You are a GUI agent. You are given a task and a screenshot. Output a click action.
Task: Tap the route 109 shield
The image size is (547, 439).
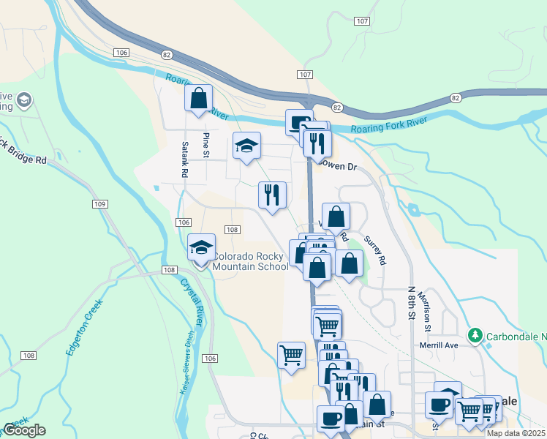coord(101,203)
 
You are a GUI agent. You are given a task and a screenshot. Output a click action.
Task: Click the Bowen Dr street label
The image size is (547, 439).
coord(339,167)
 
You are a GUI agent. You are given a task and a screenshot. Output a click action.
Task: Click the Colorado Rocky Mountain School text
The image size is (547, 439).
coord(250,262)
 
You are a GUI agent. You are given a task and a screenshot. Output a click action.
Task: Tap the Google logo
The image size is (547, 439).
coord(24,430)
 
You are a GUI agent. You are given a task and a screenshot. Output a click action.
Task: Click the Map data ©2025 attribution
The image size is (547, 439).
coord(516,433)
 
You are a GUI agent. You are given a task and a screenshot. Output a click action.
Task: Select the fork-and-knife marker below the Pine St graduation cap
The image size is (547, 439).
coord(273,195)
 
